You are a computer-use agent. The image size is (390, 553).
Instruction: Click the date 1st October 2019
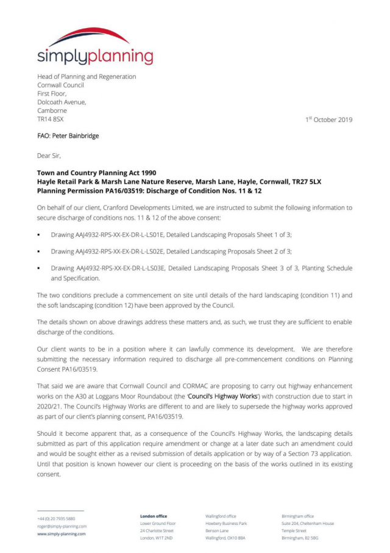328,120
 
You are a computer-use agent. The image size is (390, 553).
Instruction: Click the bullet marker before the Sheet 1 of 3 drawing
39,234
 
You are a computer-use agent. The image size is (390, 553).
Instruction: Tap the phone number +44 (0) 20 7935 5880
56,519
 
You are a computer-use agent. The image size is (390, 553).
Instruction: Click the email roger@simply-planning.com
62,526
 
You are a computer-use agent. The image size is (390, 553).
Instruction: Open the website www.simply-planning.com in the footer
62,533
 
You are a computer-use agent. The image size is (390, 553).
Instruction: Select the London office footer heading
154,516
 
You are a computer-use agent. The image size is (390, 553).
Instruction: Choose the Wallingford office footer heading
221,516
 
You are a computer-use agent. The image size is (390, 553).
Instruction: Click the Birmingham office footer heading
297,516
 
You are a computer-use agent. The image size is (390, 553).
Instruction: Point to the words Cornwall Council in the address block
61,85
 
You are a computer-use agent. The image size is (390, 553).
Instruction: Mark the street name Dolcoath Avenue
62,103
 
